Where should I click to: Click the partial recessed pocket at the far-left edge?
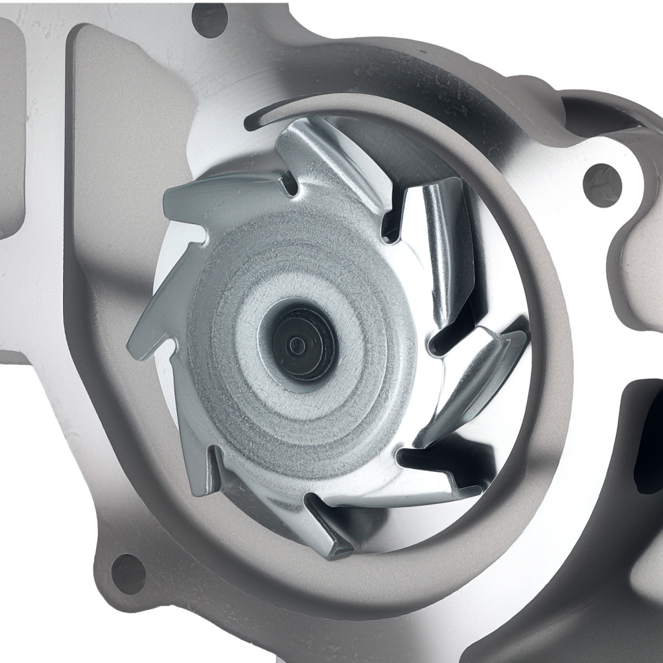click(10, 133)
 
